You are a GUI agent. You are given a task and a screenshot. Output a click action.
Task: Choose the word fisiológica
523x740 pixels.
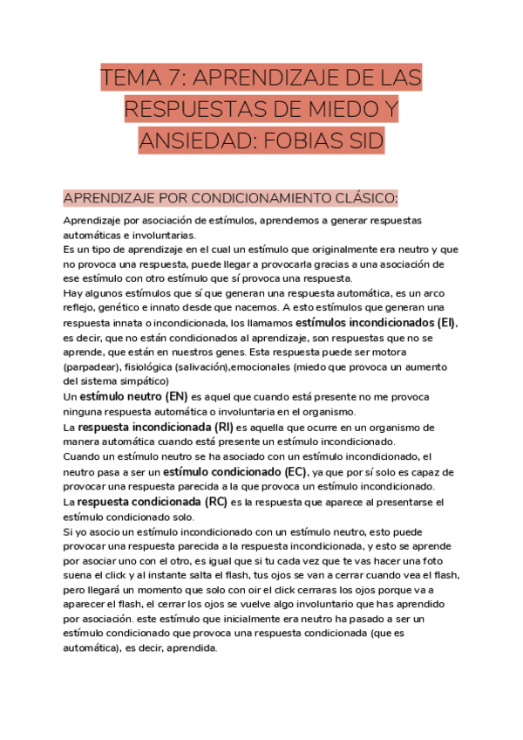click(x=154, y=367)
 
